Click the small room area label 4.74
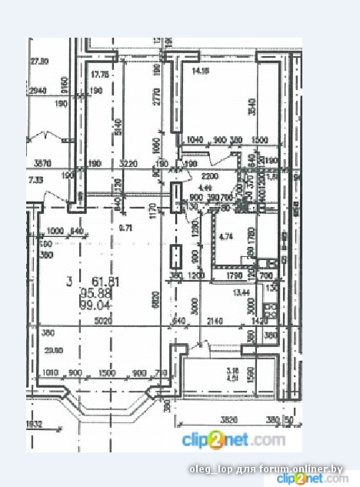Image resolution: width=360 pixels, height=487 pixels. (x=226, y=236)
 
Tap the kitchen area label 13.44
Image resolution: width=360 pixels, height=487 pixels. (x=242, y=292)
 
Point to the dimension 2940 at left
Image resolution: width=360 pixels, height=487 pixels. (x=37, y=92)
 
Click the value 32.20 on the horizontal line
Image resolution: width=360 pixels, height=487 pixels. (x=127, y=163)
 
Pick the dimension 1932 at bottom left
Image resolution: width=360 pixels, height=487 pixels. (x=34, y=424)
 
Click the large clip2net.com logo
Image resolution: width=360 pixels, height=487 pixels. (x=233, y=440)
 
